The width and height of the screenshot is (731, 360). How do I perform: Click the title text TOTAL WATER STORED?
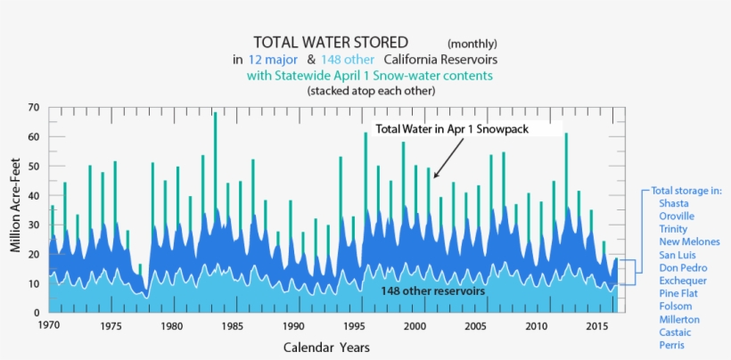(x=330, y=42)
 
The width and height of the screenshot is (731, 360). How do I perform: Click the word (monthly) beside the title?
(x=472, y=44)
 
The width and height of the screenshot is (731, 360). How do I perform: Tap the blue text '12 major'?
(x=273, y=59)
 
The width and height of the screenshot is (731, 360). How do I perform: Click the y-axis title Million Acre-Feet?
(x=15, y=209)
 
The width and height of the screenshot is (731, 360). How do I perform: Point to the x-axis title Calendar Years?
(x=326, y=347)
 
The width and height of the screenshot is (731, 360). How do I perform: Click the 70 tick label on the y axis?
(x=33, y=108)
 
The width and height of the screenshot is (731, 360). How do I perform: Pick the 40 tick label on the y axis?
(x=33, y=195)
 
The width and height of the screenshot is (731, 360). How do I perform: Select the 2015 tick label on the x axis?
(x=596, y=326)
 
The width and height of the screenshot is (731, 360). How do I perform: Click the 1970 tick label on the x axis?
(x=50, y=326)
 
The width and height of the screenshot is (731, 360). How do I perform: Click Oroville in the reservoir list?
(x=676, y=217)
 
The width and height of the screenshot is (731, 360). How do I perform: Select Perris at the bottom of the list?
(x=672, y=345)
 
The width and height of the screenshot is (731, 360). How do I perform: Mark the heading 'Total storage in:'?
(x=686, y=191)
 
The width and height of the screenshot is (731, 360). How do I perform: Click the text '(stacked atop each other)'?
(x=370, y=91)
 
